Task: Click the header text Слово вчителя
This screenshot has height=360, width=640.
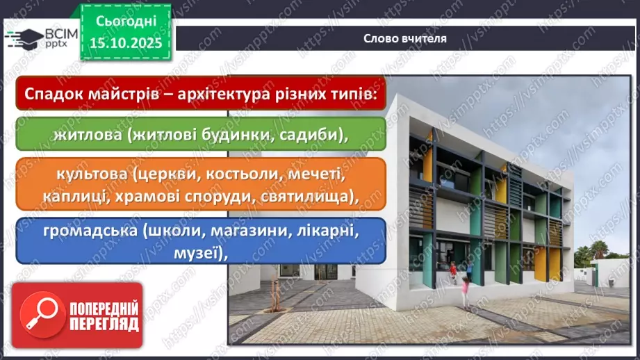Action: [405, 38]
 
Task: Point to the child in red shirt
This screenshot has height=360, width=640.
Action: [453, 268]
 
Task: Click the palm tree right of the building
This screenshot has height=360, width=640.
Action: [598, 249]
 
